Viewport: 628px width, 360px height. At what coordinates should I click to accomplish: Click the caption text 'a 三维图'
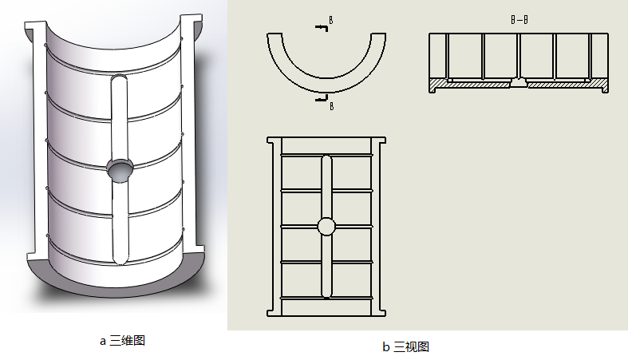pos(121,341)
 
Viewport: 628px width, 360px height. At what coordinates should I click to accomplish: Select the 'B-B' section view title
pos(518,18)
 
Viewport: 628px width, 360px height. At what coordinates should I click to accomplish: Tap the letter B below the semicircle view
pos(331,106)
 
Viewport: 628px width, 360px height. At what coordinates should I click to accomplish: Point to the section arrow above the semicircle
pos(322,29)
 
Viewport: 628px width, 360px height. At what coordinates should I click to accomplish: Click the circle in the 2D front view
pos(326,227)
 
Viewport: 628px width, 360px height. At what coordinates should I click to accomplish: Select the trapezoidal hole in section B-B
pos(518,82)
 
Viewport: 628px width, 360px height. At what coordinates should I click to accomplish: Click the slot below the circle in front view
pos(326,267)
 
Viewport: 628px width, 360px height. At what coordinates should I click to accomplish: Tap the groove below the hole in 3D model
pos(119,224)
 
